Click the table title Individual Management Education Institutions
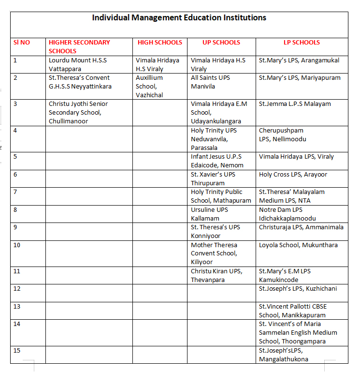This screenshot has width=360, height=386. (x=179, y=18)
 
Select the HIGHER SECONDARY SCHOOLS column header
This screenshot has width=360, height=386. (x=79, y=46)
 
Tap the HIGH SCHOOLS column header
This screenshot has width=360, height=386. (x=160, y=43)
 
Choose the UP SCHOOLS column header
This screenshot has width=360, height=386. (x=221, y=43)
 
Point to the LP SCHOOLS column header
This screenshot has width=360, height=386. (x=302, y=43)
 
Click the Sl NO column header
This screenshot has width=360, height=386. (x=22, y=43)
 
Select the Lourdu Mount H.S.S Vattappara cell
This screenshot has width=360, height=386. (x=78, y=65)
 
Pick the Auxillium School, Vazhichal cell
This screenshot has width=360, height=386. (x=150, y=86)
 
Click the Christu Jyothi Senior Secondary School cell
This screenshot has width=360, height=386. (x=78, y=112)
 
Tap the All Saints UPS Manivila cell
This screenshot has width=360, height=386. (x=210, y=82)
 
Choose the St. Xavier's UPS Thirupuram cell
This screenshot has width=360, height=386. (x=213, y=178)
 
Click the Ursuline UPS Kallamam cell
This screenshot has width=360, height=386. (x=209, y=214)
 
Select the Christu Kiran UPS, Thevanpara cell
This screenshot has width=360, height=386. (x=216, y=275)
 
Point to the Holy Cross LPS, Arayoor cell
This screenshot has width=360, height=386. (x=293, y=174)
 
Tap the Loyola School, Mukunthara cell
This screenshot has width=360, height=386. (x=298, y=245)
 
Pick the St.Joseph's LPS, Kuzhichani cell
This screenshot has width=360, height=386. (x=298, y=289)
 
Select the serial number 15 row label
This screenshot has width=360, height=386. (x=17, y=350)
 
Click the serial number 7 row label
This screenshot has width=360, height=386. (x=15, y=192)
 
